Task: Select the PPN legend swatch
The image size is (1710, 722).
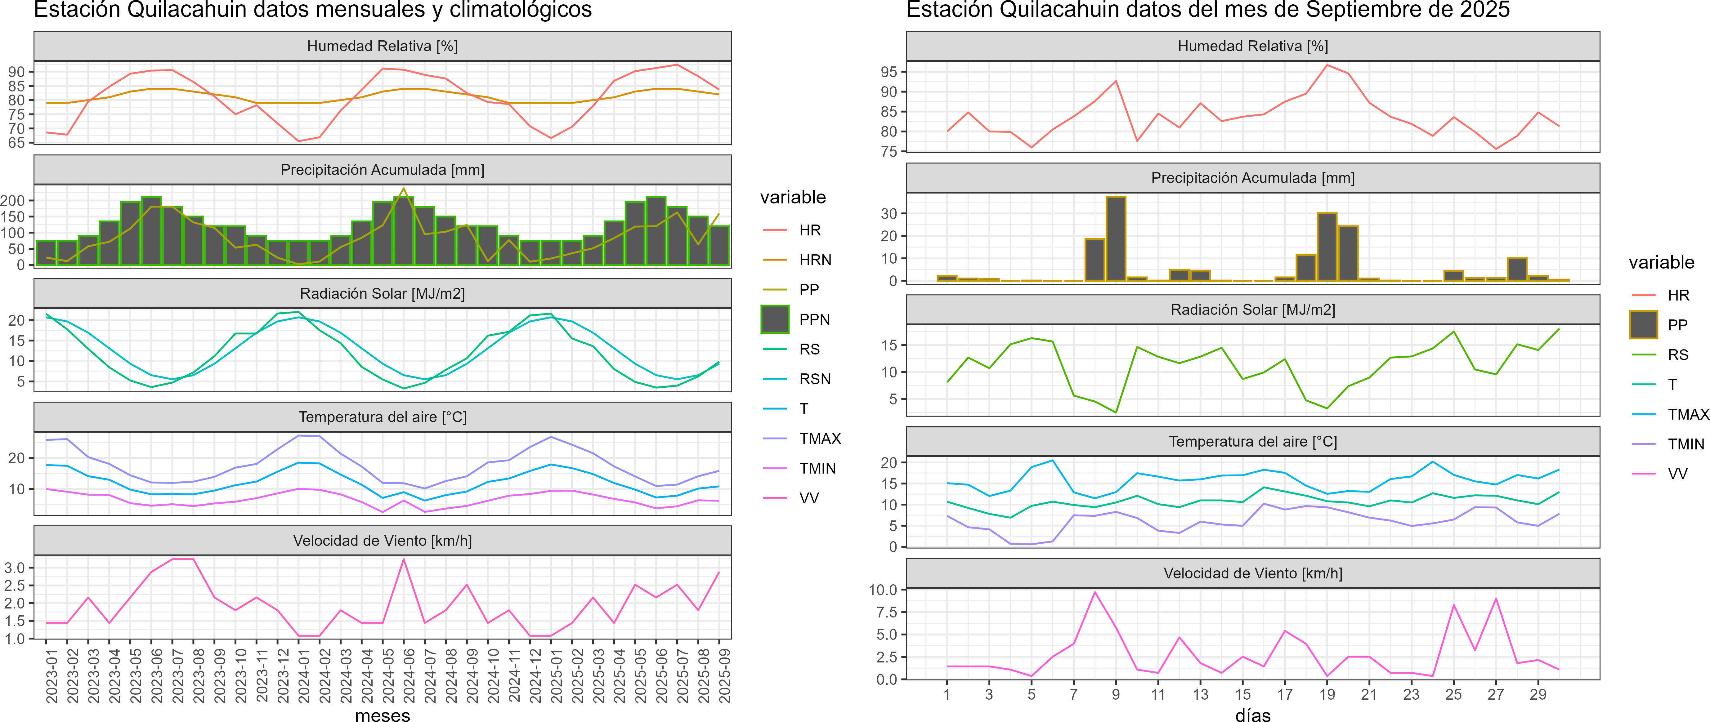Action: (775, 319)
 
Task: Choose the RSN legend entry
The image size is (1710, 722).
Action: (814, 379)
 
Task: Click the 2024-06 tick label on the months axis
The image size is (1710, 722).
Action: (409, 675)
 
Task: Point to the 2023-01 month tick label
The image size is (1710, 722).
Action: (52, 675)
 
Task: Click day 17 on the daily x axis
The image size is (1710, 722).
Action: (1284, 694)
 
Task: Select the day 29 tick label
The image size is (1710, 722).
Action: (1538, 694)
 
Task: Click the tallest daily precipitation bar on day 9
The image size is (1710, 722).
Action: (1116, 239)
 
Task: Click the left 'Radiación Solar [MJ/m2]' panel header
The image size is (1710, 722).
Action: (382, 293)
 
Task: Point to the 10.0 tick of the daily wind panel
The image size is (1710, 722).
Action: (883, 589)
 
